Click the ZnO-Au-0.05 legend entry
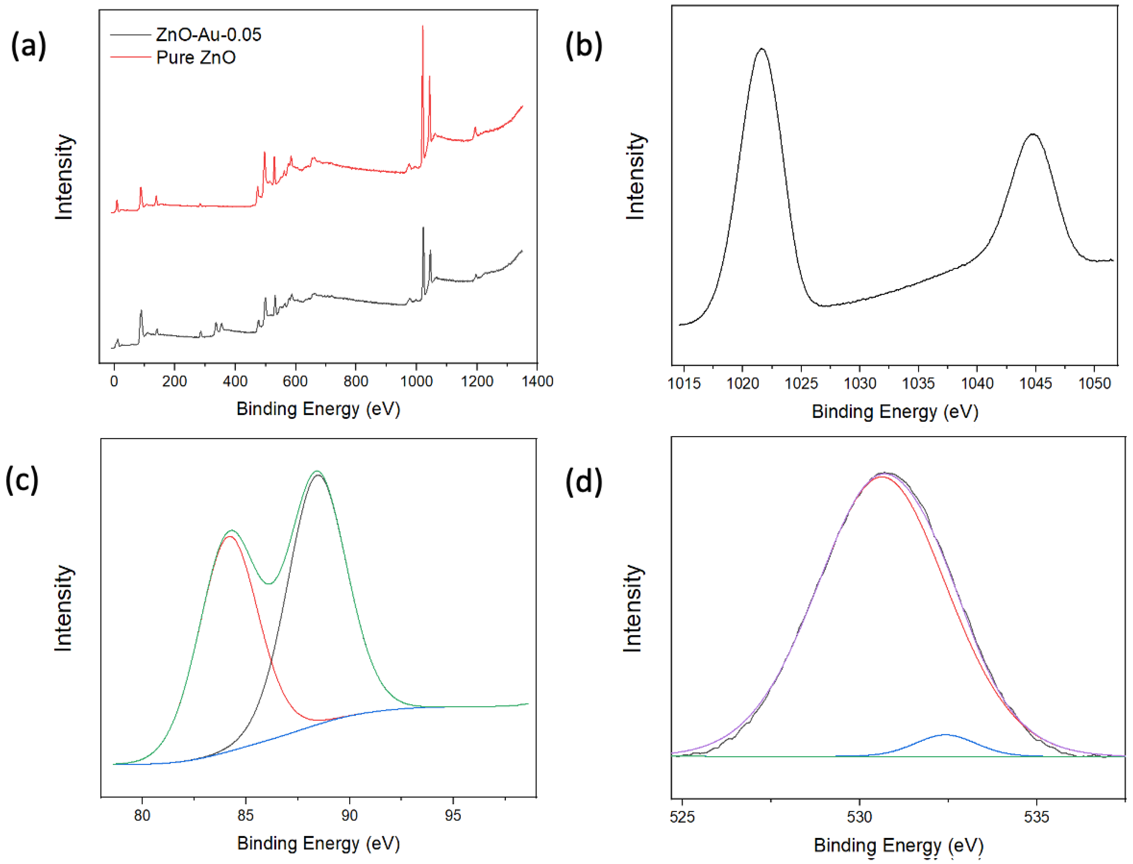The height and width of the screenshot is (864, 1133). tap(208, 35)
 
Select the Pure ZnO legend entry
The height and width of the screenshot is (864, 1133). tap(196, 58)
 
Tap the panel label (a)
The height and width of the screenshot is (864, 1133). tap(29, 45)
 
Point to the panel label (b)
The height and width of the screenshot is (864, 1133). tap(584, 45)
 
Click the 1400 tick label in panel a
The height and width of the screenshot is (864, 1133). tap(537, 381)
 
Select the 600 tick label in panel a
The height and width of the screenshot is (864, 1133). tap(295, 381)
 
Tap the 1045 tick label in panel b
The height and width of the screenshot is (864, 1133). tap(1035, 384)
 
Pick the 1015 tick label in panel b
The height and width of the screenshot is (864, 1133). tap(684, 384)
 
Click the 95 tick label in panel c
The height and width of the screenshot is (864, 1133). tap(452, 816)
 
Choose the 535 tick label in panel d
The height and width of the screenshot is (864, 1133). tap(1036, 817)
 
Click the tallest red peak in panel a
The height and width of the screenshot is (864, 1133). tap(423, 27)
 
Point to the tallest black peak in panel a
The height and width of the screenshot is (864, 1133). tap(423, 228)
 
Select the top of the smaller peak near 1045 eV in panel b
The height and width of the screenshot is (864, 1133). tap(1033, 135)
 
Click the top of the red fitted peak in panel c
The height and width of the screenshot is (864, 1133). tap(229, 536)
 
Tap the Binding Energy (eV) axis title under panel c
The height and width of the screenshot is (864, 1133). tap(318, 843)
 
